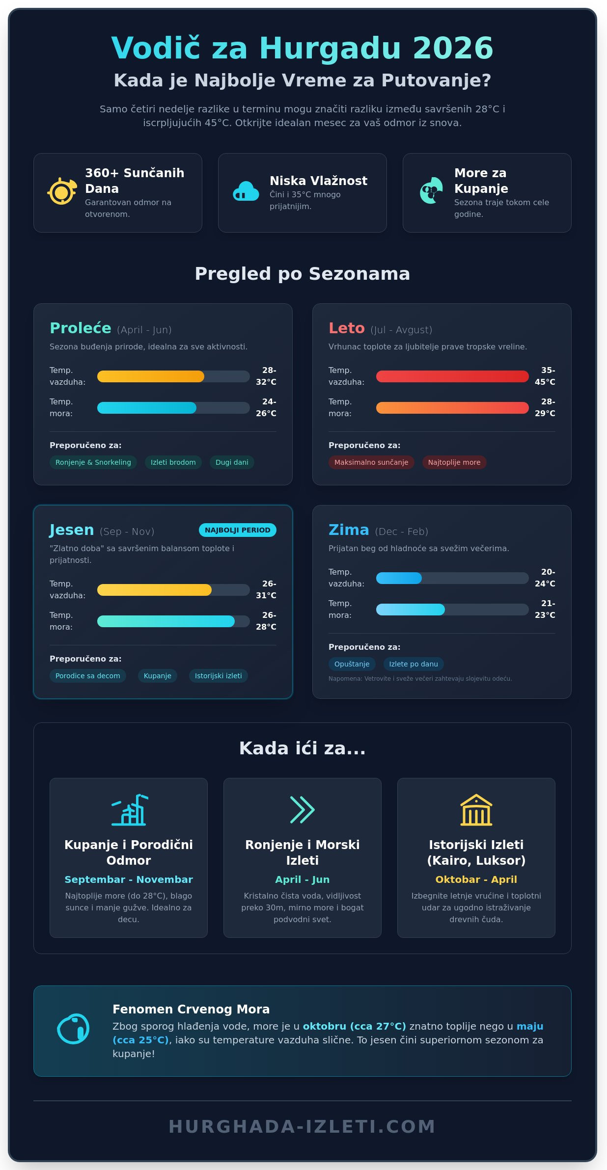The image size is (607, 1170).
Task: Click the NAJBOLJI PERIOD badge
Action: point(237,530)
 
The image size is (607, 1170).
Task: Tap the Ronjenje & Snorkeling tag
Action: point(93,462)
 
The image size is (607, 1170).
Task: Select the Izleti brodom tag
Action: point(173,462)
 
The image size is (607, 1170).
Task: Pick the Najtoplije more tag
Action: point(454,462)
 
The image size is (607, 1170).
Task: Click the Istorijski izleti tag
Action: point(218,676)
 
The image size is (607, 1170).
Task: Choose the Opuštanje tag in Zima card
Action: point(352,664)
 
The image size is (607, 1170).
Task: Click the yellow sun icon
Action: point(62,191)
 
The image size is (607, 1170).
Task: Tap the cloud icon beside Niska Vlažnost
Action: point(246,191)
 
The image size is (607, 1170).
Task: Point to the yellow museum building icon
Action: point(476,810)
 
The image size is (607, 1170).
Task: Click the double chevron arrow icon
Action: point(302,810)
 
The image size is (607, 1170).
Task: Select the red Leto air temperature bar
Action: point(452,376)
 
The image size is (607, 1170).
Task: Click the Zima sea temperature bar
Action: point(452,610)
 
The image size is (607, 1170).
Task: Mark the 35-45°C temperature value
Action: point(545,376)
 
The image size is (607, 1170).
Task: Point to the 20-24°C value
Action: point(545,578)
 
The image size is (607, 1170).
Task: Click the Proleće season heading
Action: point(81,328)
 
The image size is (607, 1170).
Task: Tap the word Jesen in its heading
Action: point(72,530)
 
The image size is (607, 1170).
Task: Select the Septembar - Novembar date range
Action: point(129,879)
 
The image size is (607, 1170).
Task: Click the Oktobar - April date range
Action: point(476,879)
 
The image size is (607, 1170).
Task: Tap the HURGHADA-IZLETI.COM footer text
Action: point(302,1127)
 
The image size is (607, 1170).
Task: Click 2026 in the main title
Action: point(453,48)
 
